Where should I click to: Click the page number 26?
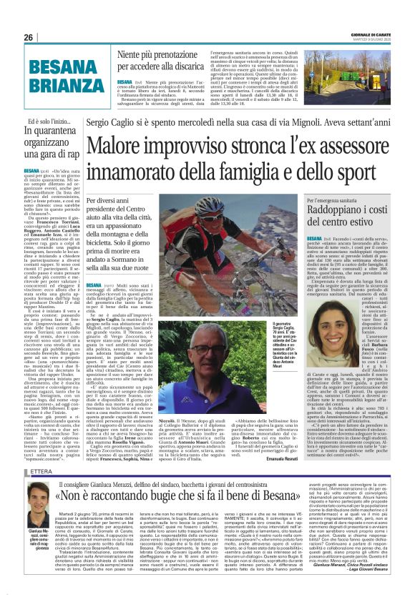coord(29,38)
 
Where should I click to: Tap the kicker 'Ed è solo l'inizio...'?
coord(47,124)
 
